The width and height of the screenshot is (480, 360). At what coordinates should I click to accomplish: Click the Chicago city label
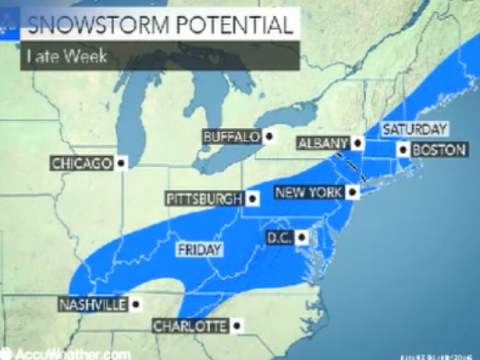point(82,163)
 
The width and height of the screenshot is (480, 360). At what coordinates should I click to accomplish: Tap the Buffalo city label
point(232,137)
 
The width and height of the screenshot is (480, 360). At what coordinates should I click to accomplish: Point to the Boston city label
point(439,150)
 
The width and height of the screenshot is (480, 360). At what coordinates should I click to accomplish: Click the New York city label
point(308,193)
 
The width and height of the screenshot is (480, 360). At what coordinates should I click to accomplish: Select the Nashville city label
point(93,304)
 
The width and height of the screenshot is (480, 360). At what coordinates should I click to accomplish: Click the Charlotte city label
point(190,326)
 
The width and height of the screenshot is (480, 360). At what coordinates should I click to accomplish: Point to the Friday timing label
point(199,250)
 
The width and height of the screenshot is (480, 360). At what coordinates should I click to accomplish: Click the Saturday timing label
point(415,129)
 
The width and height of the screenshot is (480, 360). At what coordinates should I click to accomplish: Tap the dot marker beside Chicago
point(121,163)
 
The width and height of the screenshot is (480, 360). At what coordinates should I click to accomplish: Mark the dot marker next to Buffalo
point(269,137)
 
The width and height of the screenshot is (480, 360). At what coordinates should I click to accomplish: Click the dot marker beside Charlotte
point(237,326)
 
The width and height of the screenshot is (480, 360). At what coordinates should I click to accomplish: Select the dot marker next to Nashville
point(136,304)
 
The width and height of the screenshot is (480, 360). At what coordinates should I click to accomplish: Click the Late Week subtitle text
point(67,56)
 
